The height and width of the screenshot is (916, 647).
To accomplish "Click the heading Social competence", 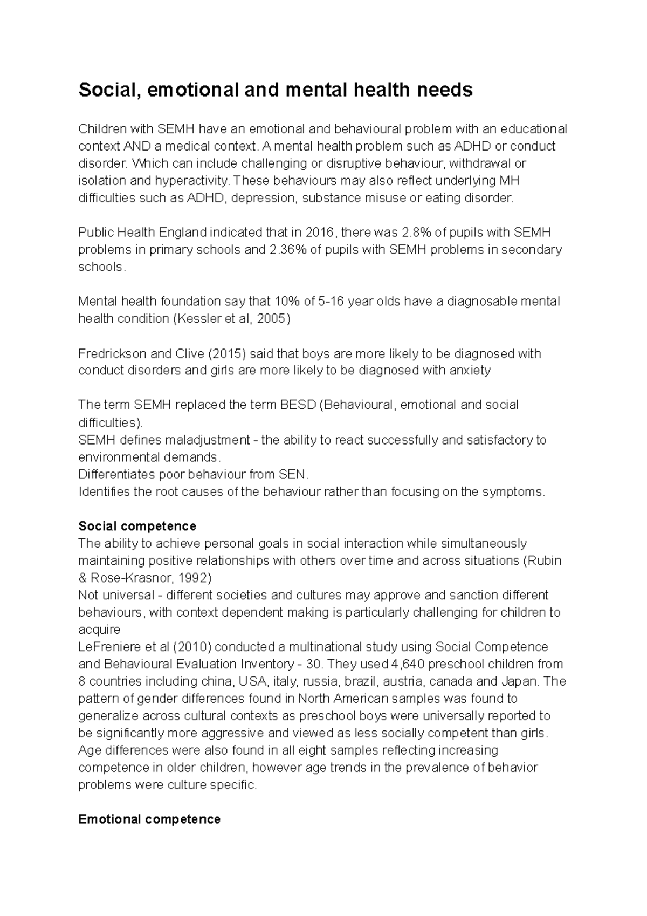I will [x=137, y=526].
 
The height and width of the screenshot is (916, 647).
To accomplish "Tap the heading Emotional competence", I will [x=149, y=819].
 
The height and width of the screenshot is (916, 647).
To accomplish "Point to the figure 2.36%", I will [x=287, y=250].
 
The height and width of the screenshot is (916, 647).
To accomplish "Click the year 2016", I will [x=320, y=233].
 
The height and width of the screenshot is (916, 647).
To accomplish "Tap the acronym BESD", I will [x=298, y=405].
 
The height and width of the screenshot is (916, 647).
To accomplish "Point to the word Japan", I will [x=522, y=681].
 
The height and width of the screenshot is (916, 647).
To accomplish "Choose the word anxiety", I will [x=470, y=371].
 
